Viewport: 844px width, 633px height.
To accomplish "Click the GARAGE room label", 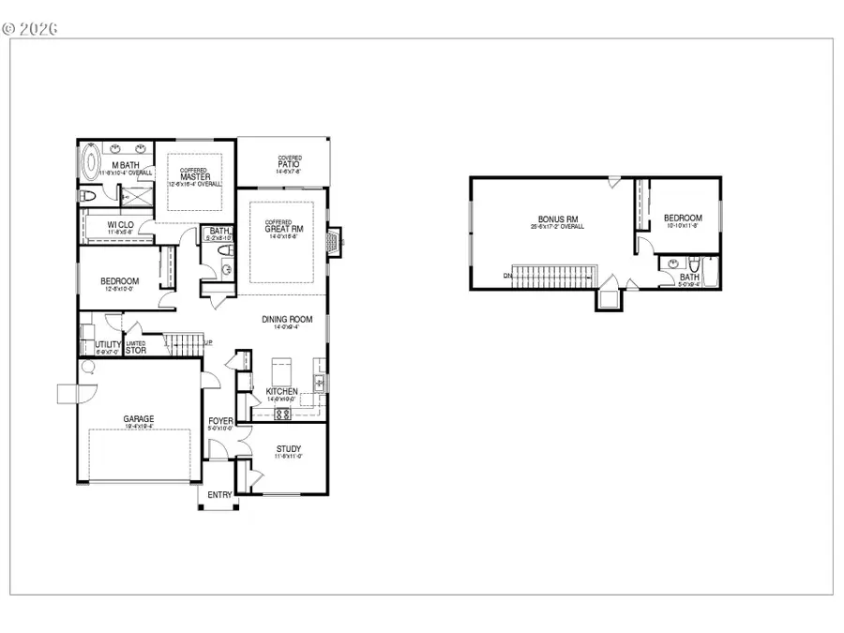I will (x=138, y=419).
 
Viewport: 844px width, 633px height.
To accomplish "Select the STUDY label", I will (x=287, y=448).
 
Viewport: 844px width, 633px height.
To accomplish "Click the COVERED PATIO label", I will (x=289, y=164).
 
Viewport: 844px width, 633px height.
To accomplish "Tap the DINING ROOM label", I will (x=287, y=319).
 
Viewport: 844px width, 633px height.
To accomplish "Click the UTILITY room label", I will (x=108, y=344).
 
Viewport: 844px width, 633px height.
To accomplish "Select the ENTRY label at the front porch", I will (x=219, y=494).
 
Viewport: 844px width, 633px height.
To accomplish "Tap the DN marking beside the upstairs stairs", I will (x=506, y=275).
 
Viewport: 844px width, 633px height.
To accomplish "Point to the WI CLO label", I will (x=118, y=224).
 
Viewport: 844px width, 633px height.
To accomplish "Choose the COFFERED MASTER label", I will (x=193, y=174).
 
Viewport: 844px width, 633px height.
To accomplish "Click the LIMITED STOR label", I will (x=135, y=347).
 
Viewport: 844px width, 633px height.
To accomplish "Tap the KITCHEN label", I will (x=281, y=391).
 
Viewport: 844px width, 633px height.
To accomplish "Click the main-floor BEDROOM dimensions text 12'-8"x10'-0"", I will (x=120, y=290).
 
